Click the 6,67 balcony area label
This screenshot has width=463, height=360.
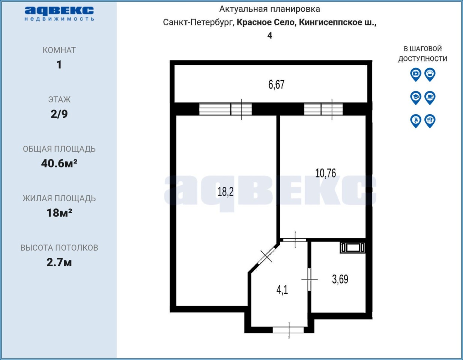(276, 84)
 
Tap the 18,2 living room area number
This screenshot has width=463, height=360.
(225, 192)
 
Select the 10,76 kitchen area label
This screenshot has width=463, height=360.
(325, 173)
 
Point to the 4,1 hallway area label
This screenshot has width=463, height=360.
(282, 290)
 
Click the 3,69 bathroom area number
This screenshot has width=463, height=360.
(340, 279)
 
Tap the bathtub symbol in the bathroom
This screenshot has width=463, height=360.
(353, 247)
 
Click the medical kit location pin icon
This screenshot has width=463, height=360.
(416, 75)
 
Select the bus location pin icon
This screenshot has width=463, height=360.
(430, 75)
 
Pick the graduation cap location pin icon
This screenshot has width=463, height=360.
(416, 98)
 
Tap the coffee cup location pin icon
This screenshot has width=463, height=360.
(430, 98)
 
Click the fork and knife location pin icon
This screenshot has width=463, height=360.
(430, 121)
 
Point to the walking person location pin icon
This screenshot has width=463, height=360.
(416, 121)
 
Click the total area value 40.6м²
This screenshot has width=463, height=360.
(59, 163)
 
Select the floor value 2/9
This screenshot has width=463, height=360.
(59, 114)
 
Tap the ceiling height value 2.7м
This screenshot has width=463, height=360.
(59, 262)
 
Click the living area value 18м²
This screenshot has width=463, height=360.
(59, 213)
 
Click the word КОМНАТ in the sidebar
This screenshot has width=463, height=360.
(59, 50)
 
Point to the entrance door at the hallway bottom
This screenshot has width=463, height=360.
(288, 330)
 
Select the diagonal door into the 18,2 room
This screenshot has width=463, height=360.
(266, 256)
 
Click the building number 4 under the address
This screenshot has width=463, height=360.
(270, 36)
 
